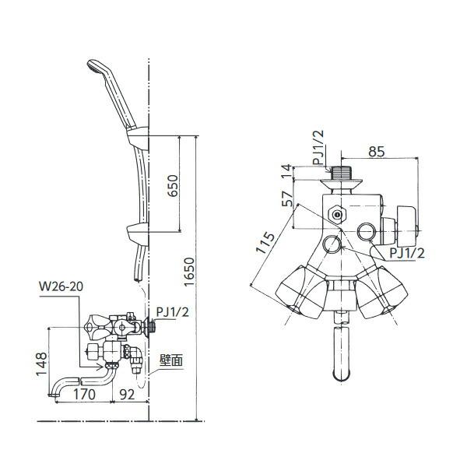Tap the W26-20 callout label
click(61, 286)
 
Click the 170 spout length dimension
click(84, 395)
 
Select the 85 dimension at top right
click(377, 153)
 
